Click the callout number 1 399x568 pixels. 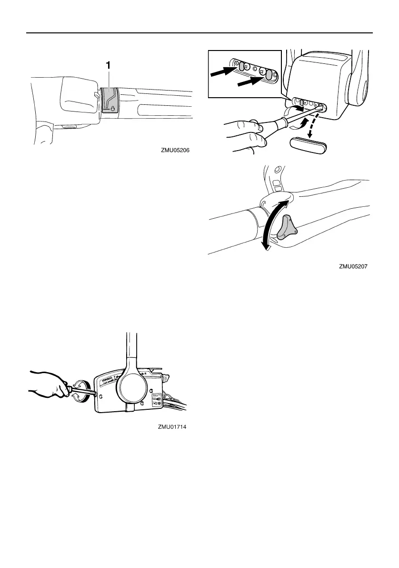tap(109, 67)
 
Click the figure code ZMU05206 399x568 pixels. tap(178, 150)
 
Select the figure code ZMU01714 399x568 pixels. tap(172, 427)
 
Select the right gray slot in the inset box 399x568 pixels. tap(269, 75)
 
